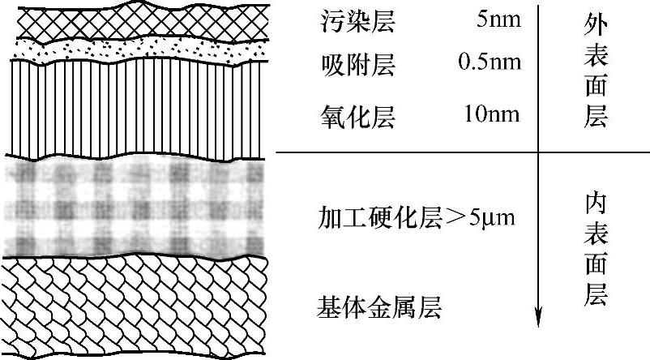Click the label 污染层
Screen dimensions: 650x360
point(357,23)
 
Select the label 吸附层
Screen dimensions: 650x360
point(357,62)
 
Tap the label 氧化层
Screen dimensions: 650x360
point(357,119)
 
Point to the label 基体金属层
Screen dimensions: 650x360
point(380,307)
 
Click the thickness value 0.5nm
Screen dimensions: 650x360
point(485,62)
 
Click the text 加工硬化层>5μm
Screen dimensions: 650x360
point(418,217)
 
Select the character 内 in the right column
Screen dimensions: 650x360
point(595,204)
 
